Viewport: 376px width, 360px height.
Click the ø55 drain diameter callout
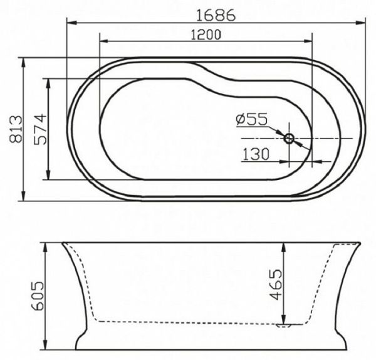pyautogui.click(x=252, y=119)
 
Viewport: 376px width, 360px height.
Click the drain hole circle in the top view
pyautogui.click(x=290, y=138)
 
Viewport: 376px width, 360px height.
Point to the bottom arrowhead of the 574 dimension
pyautogui.click(x=49, y=177)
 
